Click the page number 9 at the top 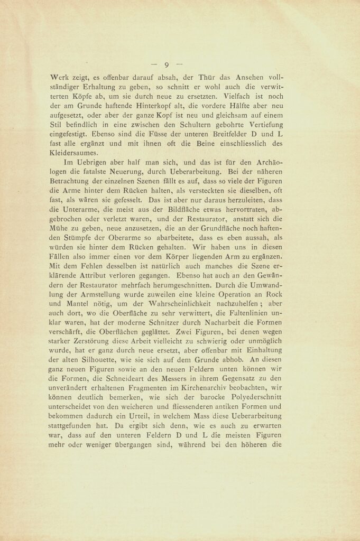[x=167, y=65]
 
